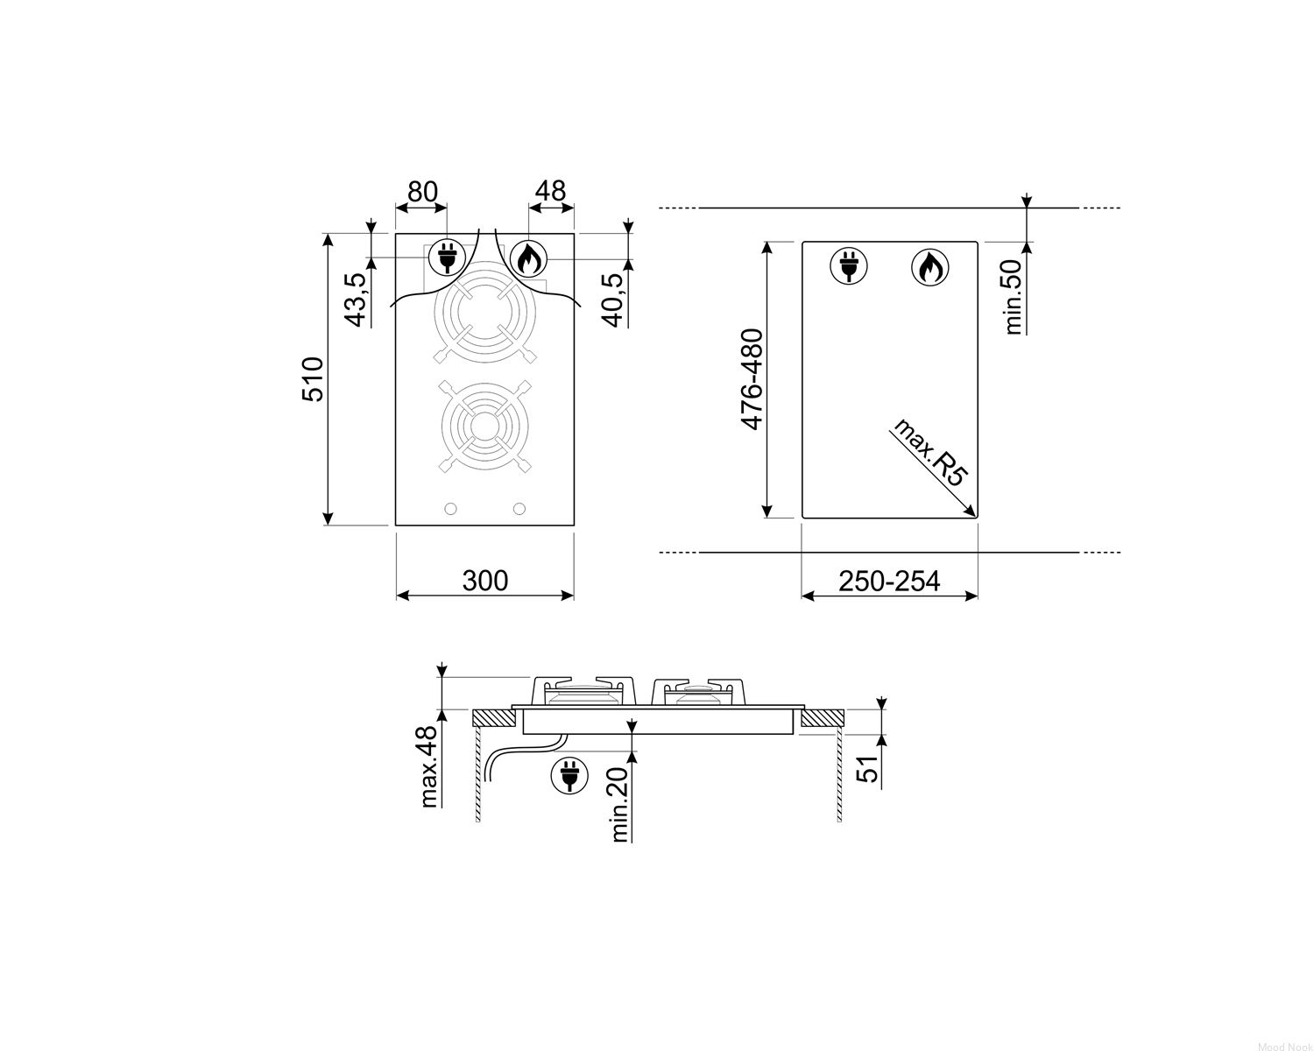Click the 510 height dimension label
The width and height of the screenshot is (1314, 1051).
pyautogui.click(x=313, y=378)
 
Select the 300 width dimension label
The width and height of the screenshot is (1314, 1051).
pyautogui.click(x=484, y=581)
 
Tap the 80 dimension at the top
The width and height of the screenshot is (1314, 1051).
pyautogui.click(x=422, y=192)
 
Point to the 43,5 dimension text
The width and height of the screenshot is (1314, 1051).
pyautogui.click(x=356, y=300)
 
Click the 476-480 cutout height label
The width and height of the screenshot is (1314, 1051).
pyautogui.click(x=752, y=379)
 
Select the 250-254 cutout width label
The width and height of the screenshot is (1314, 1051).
pyautogui.click(x=889, y=582)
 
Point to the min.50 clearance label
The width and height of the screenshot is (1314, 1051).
pyautogui.click(x=1013, y=297)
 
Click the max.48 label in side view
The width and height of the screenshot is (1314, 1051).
pyautogui.click(x=429, y=767)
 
